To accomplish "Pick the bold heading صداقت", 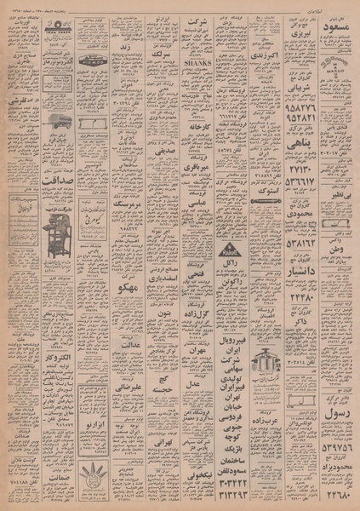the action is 30,180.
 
